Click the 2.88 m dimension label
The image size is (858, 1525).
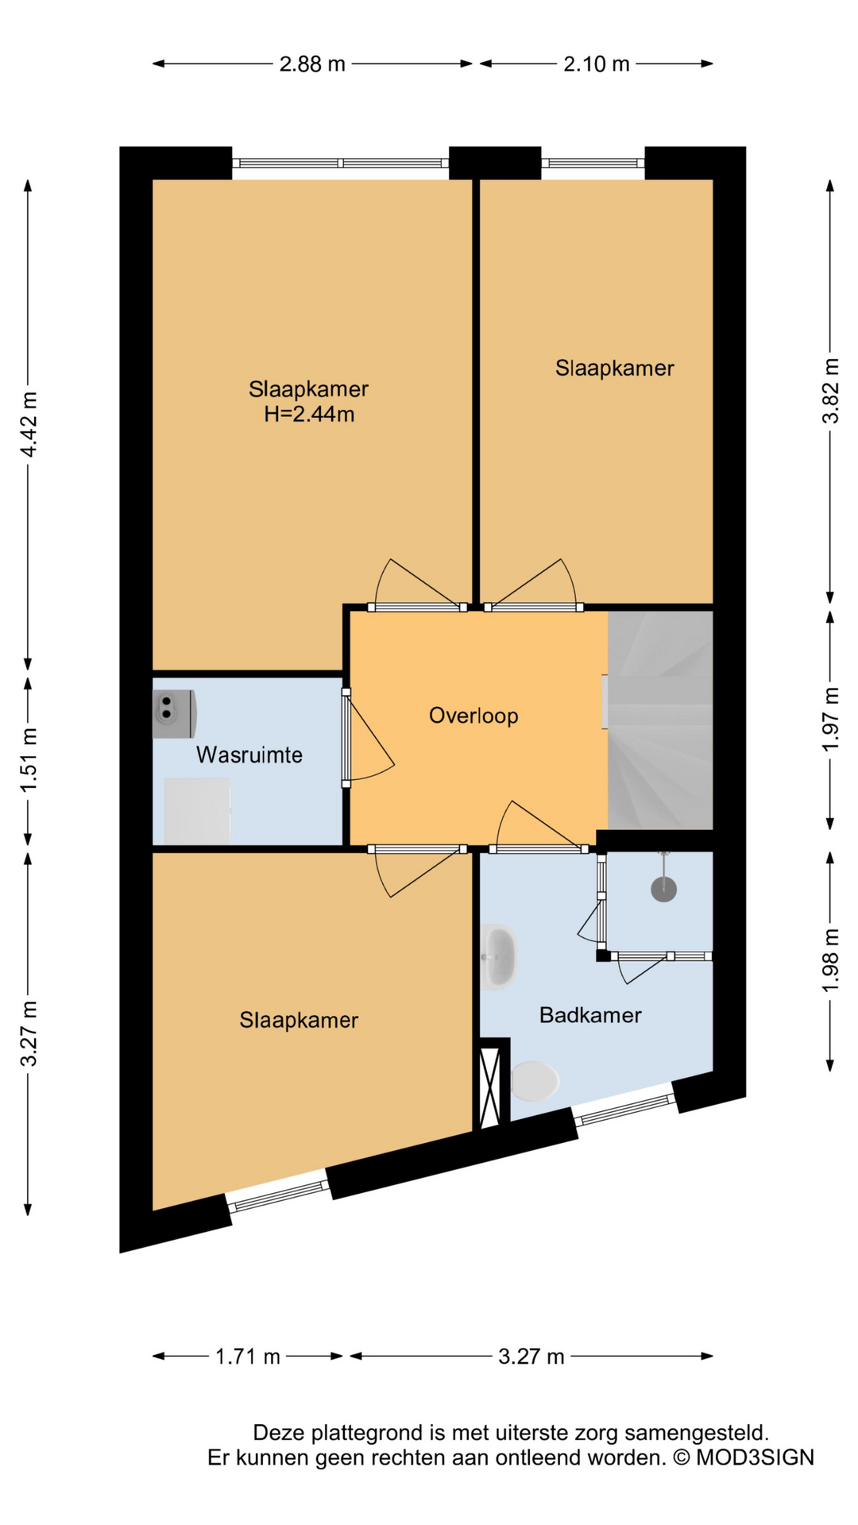312,64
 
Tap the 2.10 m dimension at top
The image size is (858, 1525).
596,64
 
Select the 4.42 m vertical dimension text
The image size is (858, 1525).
29,424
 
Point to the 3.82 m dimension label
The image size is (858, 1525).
830,392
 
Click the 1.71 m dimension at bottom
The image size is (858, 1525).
248,1357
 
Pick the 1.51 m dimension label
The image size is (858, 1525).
29,760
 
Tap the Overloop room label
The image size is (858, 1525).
473,716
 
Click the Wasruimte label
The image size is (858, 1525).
249,755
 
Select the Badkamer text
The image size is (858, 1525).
589,1015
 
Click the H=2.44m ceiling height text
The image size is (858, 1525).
309,414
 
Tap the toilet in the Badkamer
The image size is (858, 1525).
535,1081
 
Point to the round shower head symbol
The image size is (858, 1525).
663,889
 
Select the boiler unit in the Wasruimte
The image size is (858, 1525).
174,712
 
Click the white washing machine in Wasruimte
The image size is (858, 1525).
197,811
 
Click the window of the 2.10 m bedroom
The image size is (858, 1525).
593,163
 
